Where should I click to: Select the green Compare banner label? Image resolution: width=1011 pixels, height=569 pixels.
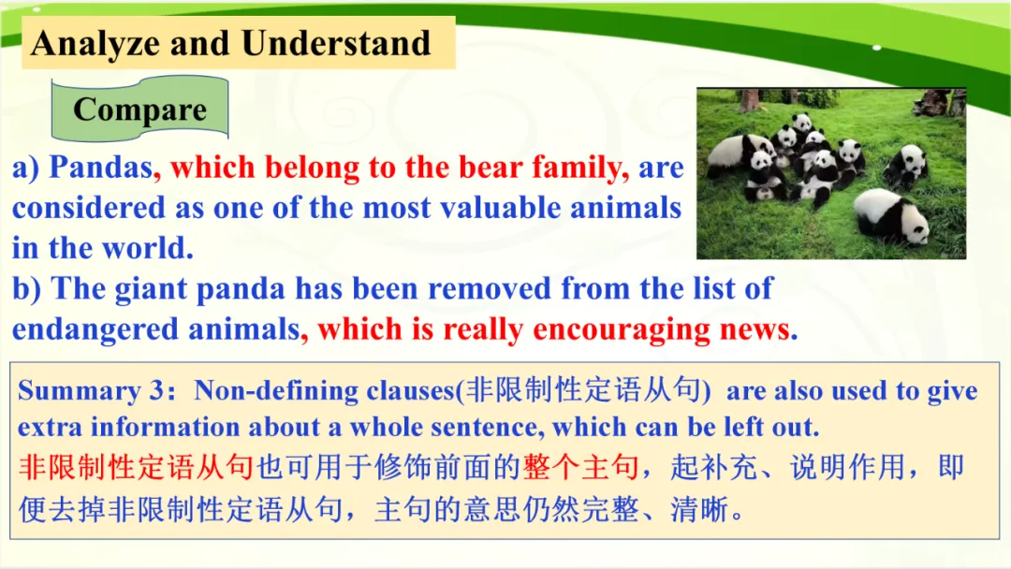click(139, 109)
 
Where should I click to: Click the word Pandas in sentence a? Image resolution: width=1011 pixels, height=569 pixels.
click(101, 167)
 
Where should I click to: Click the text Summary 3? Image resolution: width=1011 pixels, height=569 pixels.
click(92, 391)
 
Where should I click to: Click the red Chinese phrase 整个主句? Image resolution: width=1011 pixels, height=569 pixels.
click(580, 467)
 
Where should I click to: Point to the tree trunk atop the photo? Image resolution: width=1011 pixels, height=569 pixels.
click(750, 100)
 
